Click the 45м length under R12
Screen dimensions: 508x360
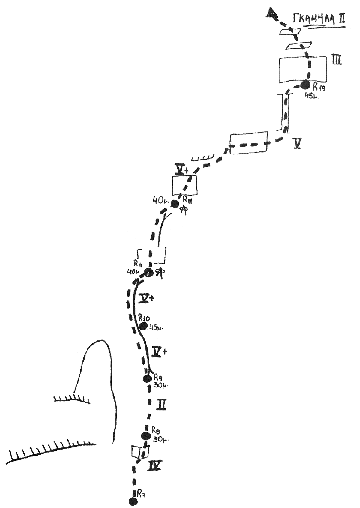pyautogui.click(x=311, y=96)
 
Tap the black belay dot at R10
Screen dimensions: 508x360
pyautogui.click(x=143, y=326)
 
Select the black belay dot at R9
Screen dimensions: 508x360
pyautogui.click(x=147, y=378)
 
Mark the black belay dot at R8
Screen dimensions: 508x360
pyautogui.click(x=145, y=436)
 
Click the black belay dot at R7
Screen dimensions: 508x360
pyautogui.click(x=132, y=501)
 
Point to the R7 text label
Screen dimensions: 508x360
pyautogui.click(x=142, y=493)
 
